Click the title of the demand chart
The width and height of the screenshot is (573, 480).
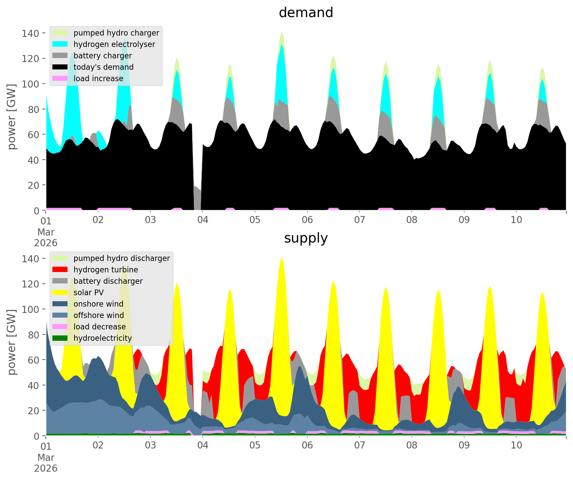tap(306, 13)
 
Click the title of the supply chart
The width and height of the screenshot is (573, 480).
tap(306, 238)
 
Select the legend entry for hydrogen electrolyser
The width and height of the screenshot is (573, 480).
tap(114, 44)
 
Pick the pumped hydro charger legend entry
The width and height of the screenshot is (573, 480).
tap(116, 33)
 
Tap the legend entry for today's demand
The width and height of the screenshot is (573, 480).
tap(103, 67)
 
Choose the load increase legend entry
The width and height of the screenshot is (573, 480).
tap(98, 78)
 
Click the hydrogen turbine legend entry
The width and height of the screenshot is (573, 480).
tap(106, 270)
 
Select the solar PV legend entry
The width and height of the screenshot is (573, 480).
tap(89, 292)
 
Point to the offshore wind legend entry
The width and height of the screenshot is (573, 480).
tap(99, 315)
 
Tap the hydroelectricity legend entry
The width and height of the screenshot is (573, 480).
tap(102, 338)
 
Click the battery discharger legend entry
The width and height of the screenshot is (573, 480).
tap(108, 281)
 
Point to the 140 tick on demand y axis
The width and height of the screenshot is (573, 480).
tap(31, 33)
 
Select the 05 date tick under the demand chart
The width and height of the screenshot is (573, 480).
tap(255, 220)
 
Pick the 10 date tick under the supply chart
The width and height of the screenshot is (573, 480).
tap(516, 445)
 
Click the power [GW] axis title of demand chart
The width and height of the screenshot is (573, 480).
tap(12, 117)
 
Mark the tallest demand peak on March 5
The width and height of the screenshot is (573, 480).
tap(281, 32)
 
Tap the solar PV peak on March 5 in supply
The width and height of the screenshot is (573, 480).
tap(281, 258)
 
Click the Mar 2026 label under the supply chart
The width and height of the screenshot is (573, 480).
tap(46, 463)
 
